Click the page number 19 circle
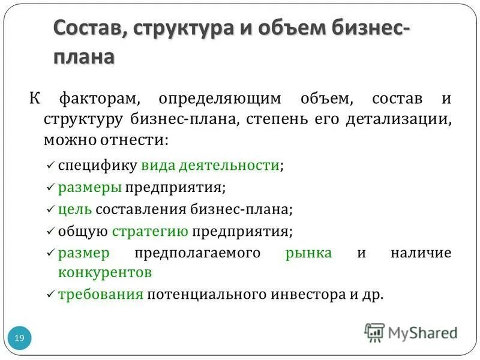click(19, 339)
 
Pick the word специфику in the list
click(98, 166)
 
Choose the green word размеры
click(90, 188)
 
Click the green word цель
click(75, 209)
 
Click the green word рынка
click(309, 253)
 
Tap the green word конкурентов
click(105, 273)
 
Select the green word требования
click(101, 295)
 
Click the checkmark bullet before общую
click(50, 231)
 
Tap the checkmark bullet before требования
click(50, 295)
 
